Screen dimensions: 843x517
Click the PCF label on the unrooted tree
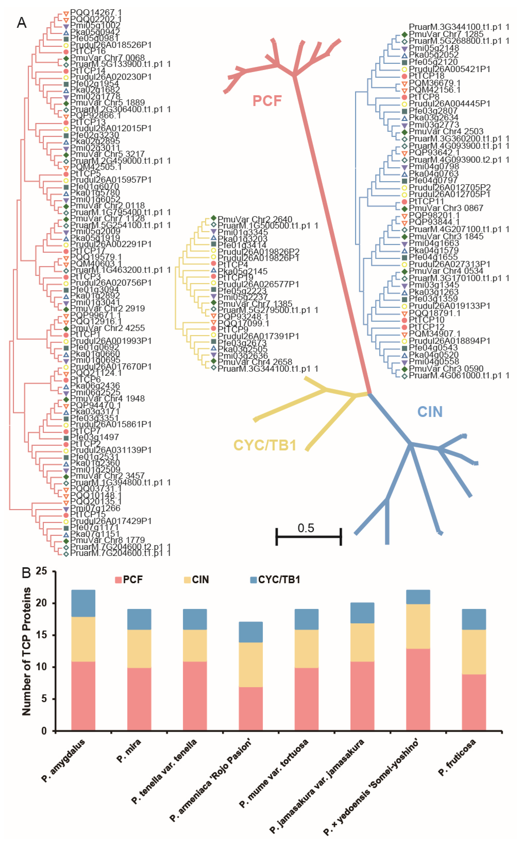click(x=267, y=101)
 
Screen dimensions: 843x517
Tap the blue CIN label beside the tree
click(x=430, y=412)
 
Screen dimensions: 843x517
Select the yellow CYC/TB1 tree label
click(x=265, y=445)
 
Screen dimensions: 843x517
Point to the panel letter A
click(x=22, y=23)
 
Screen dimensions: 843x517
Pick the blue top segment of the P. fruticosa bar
click(x=473, y=619)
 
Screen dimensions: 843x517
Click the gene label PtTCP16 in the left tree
click(x=88, y=51)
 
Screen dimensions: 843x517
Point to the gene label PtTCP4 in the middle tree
click(x=232, y=264)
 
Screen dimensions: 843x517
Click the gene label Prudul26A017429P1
click(x=111, y=521)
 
